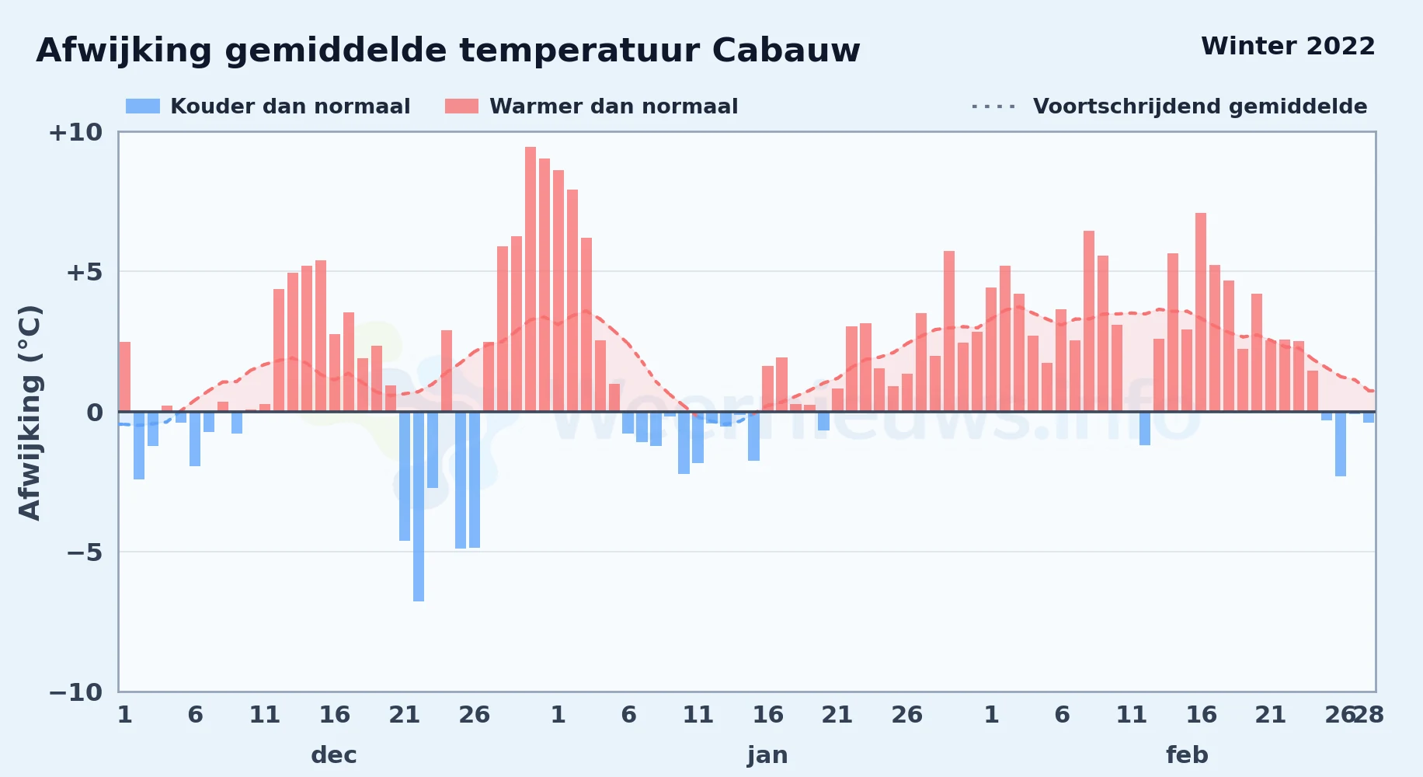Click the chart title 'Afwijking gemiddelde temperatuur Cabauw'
[448, 51]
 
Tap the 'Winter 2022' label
[1288, 46]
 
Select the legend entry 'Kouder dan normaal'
[268, 106]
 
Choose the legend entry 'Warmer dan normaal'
[591, 106]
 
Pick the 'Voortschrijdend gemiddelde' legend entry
[1169, 106]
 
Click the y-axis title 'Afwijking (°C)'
[30, 412]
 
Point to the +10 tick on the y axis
[75, 132]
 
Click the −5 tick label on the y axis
[85, 552]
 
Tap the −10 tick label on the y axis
[75, 692]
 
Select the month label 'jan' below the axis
[767, 755]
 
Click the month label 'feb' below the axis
[1187, 755]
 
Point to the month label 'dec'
[334, 755]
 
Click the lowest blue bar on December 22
[419, 506]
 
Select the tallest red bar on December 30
[531, 279]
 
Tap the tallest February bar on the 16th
[1201, 312]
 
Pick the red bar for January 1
[558, 291]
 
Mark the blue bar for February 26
[1341, 444]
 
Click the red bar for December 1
[125, 377]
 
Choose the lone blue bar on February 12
[1145, 428]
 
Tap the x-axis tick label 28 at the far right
[1369, 715]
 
